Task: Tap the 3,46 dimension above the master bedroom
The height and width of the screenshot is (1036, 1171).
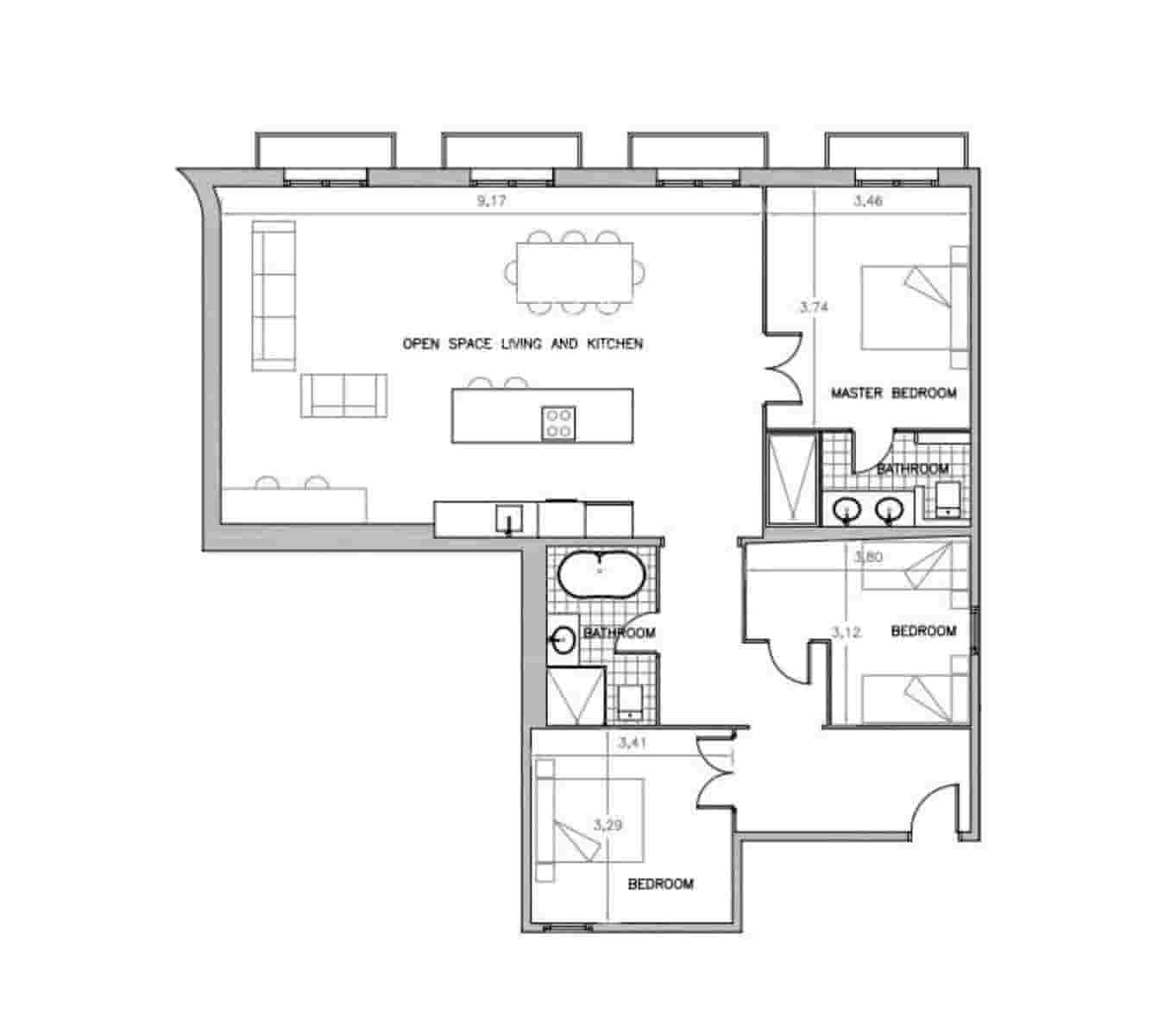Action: point(868,202)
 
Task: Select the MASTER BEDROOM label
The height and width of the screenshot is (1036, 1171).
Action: point(893,393)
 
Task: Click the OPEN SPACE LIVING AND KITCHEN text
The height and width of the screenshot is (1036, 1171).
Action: point(523,344)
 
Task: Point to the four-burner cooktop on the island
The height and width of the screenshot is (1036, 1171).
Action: point(557,422)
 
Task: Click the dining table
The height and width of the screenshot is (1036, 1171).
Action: point(574,273)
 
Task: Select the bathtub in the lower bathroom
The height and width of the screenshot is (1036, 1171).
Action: point(601,572)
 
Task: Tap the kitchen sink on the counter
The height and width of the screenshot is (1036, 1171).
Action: point(508,519)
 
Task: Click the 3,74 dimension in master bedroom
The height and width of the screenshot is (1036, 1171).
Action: point(815,306)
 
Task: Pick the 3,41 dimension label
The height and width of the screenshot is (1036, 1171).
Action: point(633,742)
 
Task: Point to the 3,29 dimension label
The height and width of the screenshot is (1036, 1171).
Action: point(608,824)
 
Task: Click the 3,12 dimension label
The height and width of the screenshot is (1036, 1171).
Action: point(846,632)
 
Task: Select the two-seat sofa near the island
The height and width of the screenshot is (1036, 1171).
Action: point(343,395)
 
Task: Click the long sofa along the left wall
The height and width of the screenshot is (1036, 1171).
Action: point(274,295)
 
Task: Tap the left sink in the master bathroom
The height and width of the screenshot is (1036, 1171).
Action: point(847,510)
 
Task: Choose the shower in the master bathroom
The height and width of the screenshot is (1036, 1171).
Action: point(790,479)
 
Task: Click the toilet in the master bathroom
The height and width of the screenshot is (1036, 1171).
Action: point(948,500)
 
